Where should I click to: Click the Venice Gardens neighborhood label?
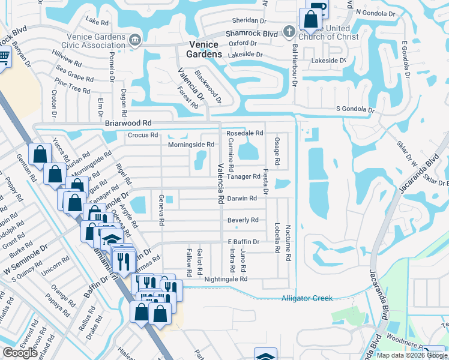click(205, 49)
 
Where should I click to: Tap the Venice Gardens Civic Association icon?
click(134, 40)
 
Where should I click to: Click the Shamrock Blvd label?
click(252, 34)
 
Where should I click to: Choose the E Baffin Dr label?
click(243, 242)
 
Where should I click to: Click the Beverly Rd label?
click(243, 220)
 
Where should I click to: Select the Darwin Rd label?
click(243, 198)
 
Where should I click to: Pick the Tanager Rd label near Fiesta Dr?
click(244, 176)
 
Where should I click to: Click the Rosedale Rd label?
click(244, 133)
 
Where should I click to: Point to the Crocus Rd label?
click(142, 136)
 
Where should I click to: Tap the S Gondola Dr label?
click(355, 110)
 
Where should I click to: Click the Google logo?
click(20, 352)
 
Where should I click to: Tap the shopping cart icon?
click(2, 57)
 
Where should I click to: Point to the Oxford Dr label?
click(243, 44)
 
